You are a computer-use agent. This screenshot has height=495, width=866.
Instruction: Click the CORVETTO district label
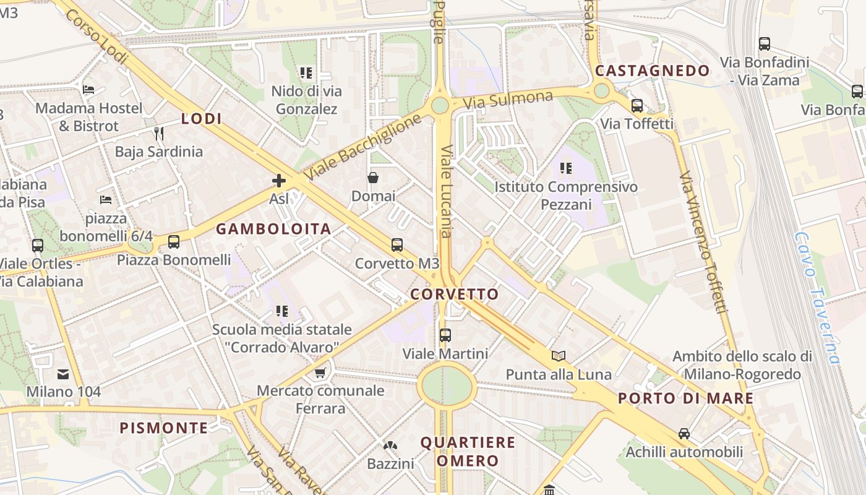[x=455, y=294]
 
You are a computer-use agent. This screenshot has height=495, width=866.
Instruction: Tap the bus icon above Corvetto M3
[x=397, y=245]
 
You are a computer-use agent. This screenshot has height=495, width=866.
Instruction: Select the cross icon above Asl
[x=279, y=181]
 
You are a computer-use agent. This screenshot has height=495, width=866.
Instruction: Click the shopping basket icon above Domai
[x=373, y=178]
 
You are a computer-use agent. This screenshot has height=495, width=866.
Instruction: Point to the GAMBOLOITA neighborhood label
[x=273, y=229]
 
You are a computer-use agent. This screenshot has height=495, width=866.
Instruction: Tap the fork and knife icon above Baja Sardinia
[x=159, y=133]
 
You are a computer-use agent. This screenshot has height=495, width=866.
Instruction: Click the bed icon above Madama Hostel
[x=88, y=90]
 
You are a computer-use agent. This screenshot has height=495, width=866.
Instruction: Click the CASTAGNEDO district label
[x=652, y=71]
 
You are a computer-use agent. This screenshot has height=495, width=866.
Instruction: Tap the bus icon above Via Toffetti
[x=637, y=106]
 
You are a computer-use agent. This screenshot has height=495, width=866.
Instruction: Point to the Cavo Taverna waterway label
[x=817, y=298]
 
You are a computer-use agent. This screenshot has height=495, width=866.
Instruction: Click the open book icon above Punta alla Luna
[x=559, y=356]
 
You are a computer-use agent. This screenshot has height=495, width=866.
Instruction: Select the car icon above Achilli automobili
[x=684, y=433]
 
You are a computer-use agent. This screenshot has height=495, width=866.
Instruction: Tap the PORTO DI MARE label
[x=686, y=398]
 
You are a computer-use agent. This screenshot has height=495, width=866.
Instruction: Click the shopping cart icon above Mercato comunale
[x=320, y=372]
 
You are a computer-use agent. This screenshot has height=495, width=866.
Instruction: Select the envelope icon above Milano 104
[x=63, y=374]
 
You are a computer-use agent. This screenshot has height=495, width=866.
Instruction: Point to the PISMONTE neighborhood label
[x=164, y=428]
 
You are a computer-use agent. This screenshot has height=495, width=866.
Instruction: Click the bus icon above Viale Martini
[x=445, y=335]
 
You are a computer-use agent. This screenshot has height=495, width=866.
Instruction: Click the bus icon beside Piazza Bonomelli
[x=174, y=242]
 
